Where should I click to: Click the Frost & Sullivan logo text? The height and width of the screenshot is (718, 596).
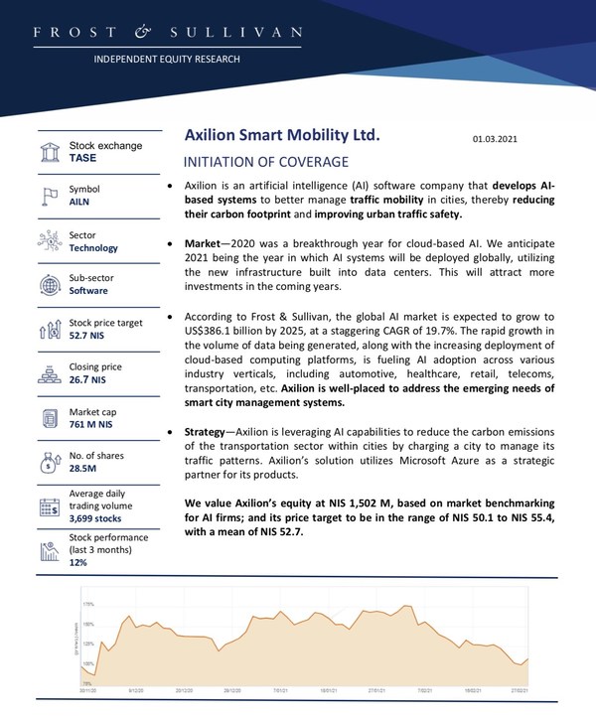click(167, 33)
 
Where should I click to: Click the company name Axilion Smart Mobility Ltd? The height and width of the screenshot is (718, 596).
click(282, 136)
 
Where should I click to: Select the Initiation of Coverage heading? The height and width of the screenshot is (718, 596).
click(266, 162)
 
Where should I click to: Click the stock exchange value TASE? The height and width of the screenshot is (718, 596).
click(82, 158)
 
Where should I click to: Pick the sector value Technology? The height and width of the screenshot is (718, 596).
click(93, 248)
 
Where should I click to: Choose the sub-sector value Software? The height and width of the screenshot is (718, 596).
click(89, 291)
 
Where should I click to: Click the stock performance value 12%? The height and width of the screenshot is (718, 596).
click(78, 562)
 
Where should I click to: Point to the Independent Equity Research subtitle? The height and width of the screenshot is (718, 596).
click(167, 59)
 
